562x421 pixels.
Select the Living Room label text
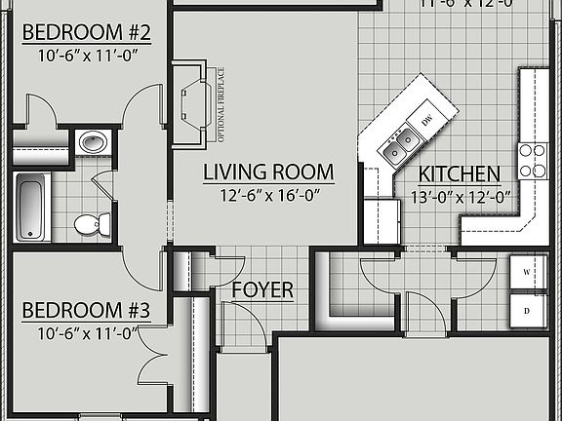268,173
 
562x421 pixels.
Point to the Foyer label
262,290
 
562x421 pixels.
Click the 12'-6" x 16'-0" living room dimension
268,195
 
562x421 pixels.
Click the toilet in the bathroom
90,224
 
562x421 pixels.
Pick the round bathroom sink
93,142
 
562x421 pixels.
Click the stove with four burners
533,160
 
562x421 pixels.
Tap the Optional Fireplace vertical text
220,103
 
